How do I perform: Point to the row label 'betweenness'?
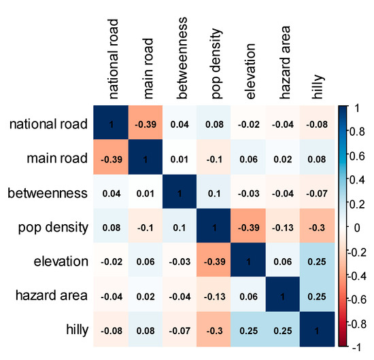(x=49, y=194)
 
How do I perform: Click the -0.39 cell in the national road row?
(x=145, y=124)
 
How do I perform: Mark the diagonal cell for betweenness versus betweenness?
(x=180, y=194)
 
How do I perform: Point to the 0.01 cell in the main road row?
(x=180, y=159)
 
